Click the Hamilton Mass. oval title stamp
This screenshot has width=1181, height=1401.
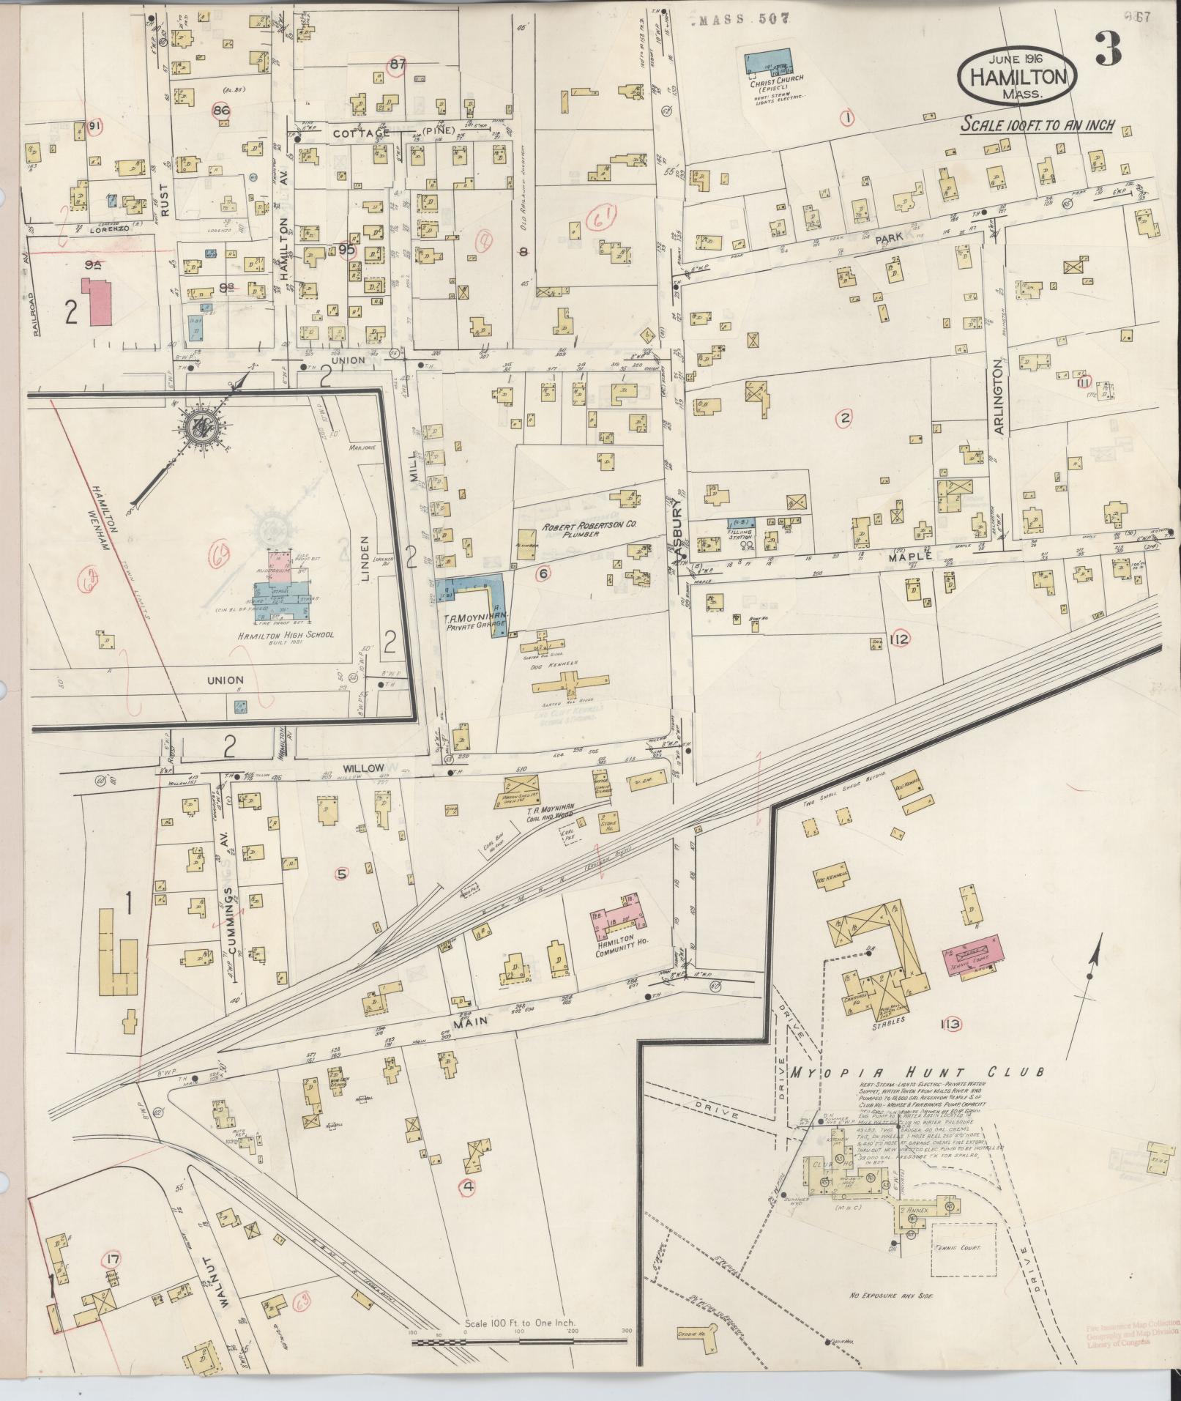point(1018,76)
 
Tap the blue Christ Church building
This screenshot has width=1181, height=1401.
point(768,62)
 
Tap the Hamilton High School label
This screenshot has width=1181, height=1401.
point(286,634)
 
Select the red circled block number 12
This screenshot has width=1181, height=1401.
point(900,640)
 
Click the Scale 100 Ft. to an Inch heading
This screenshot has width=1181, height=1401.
point(1037,125)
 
